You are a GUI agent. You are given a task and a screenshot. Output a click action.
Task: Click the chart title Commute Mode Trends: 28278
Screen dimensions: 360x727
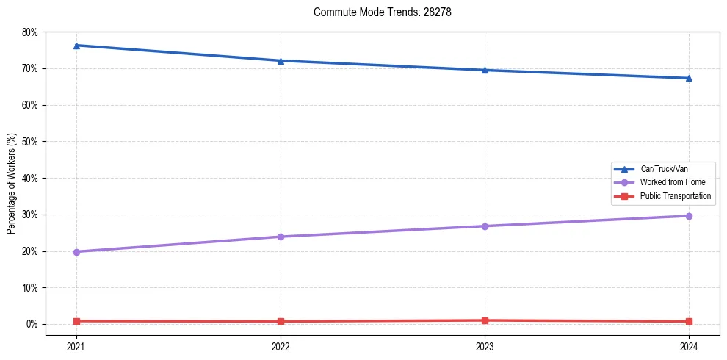click(377, 12)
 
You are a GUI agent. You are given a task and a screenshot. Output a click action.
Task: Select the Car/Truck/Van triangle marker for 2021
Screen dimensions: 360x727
click(76, 46)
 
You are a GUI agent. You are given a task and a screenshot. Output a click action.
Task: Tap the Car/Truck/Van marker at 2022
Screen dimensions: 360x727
click(281, 60)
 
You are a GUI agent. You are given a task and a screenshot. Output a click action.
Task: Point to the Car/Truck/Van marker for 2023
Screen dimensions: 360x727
click(485, 70)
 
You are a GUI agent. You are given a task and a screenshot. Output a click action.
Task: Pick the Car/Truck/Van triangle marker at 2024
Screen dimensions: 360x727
click(689, 78)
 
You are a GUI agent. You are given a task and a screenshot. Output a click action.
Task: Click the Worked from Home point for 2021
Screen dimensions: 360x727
click(76, 252)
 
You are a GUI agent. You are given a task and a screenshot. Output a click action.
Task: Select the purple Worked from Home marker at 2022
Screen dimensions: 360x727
click(281, 237)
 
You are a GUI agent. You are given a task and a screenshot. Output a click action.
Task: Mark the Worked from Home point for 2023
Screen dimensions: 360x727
click(485, 226)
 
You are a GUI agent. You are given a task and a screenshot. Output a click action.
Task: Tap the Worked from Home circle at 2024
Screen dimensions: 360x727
click(689, 216)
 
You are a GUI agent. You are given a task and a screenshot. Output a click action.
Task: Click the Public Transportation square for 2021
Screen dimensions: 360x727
click(76, 321)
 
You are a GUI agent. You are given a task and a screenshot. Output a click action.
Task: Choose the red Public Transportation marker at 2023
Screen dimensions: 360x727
click(485, 320)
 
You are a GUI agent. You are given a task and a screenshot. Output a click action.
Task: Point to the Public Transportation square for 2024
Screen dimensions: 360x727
click(689, 321)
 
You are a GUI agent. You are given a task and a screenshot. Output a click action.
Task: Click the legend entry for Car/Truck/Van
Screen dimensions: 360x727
click(664, 169)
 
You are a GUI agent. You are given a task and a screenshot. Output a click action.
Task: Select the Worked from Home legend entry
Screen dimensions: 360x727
click(672, 182)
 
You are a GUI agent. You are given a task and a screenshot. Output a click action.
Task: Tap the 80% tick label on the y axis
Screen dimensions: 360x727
click(30, 32)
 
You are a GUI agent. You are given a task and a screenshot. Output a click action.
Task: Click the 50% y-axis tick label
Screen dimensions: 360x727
click(30, 142)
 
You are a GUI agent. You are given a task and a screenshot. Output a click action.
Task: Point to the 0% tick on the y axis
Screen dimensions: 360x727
click(32, 324)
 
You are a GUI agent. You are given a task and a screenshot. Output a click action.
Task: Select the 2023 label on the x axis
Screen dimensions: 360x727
click(485, 346)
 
